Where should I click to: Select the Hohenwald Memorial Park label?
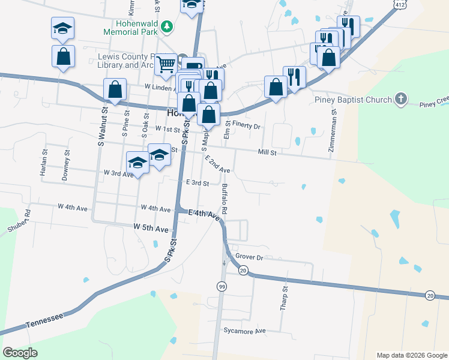point(130,26)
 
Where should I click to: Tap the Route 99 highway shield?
point(222,287)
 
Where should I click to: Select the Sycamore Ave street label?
point(244,331)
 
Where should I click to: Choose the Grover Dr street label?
point(250,257)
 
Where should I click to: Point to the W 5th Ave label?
point(151,229)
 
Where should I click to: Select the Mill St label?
point(267,153)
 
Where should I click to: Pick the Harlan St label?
point(44,163)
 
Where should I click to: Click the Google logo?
point(20,353)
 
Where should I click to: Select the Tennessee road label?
point(44,320)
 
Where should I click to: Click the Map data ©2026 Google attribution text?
point(411,355)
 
